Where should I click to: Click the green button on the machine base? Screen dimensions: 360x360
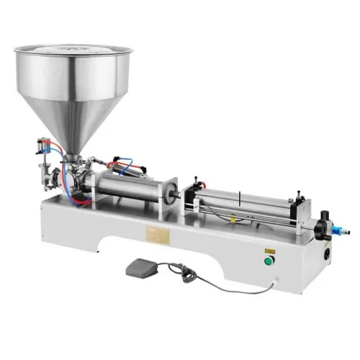(x=271, y=261)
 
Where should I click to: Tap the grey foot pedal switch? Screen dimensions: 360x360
(x=143, y=269)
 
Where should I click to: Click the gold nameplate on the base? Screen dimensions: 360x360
(x=159, y=237)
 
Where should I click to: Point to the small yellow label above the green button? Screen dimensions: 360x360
(x=271, y=247)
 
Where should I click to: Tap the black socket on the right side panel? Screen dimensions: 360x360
(x=330, y=254)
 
